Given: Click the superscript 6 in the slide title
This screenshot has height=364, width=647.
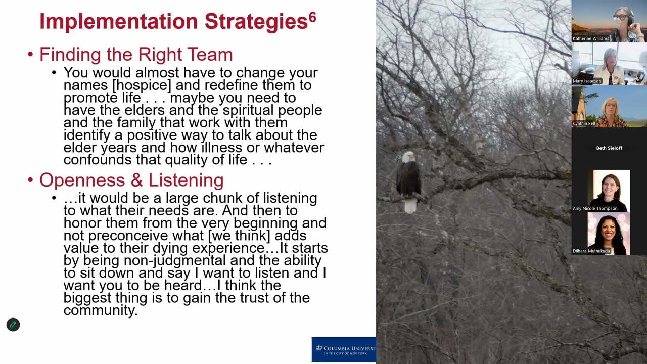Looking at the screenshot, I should tap(312, 18).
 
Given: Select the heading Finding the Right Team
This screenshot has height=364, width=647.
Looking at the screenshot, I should tap(136, 54).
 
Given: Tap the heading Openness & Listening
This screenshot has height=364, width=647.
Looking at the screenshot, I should tap(131, 180).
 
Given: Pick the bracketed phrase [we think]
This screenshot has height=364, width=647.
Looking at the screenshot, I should tap(240, 236).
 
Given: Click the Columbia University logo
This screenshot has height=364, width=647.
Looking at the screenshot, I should tap(344, 349).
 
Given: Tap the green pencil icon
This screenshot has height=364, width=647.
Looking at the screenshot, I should tap(13, 325).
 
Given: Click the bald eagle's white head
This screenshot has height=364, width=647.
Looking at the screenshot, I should tap(408, 157).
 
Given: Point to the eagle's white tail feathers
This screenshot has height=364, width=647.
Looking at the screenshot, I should tap(410, 205).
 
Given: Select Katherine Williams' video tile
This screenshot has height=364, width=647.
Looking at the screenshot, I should tap(609, 21).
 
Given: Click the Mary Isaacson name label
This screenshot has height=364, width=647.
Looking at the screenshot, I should tap(587, 81).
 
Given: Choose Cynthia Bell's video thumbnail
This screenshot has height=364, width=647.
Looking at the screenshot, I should tap(609, 107).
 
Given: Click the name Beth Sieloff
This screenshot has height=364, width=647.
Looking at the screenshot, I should tap(609, 148).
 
